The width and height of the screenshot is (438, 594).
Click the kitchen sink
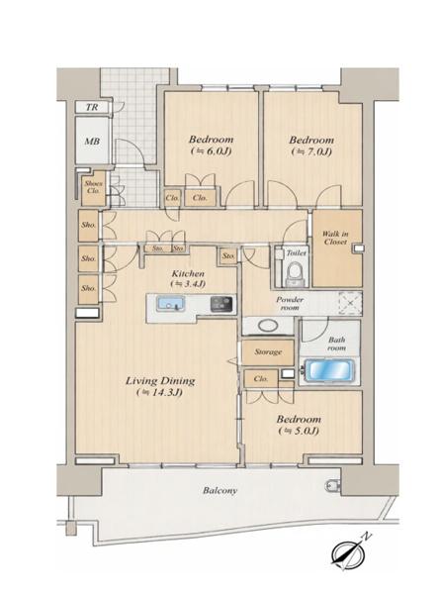click(x=171, y=304)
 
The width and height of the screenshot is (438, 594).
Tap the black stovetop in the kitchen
click(x=222, y=304)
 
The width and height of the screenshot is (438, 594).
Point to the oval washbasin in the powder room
click(x=268, y=326)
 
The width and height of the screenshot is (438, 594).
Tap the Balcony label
click(x=219, y=490)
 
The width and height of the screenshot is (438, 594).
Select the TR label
click(x=92, y=107)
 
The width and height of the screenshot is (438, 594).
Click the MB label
click(x=92, y=142)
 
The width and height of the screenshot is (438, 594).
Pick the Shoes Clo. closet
click(x=93, y=188)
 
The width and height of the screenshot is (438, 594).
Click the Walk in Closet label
click(x=335, y=238)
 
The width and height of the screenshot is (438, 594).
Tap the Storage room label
click(x=268, y=351)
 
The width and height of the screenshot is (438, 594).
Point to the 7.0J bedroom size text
click(x=311, y=151)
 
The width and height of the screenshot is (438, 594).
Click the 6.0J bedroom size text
click(x=211, y=151)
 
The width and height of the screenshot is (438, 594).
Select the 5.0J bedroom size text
click(x=299, y=431)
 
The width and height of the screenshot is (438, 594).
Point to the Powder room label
click(x=290, y=304)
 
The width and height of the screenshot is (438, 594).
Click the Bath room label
click(x=336, y=344)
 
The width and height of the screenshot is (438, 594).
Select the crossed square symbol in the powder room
click(x=350, y=303)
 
